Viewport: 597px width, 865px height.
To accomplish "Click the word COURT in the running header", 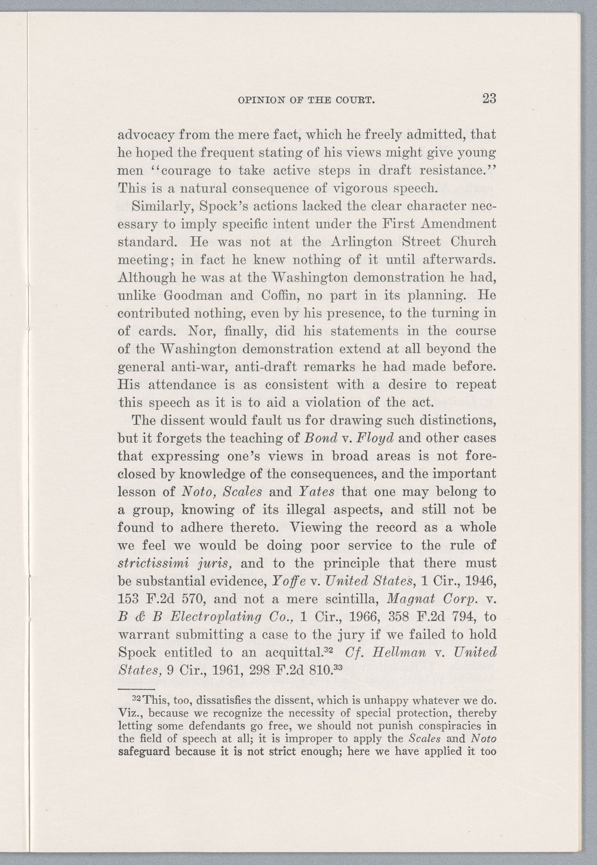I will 356,100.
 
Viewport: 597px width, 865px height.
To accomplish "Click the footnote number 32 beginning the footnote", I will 136,698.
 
